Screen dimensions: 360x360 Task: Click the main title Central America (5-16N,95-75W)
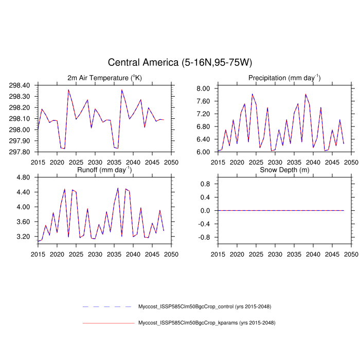[x=180, y=63]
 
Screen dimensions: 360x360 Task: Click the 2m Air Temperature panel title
[x=104, y=78]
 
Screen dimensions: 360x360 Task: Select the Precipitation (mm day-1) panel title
[x=284, y=78]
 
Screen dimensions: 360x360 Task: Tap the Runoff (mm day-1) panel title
[x=104, y=170]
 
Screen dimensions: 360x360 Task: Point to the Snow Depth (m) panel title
[x=284, y=170]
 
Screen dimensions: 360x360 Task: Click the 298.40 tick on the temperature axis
[x=23, y=85]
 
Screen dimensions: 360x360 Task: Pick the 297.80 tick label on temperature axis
[x=23, y=152]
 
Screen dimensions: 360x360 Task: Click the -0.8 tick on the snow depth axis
[x=205, y=237]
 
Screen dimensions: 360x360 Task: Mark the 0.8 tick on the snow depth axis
[x=206, y=184]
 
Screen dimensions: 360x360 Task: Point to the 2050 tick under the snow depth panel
[x=351, y=254]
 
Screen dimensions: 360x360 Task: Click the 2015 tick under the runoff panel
[x=38, y=254]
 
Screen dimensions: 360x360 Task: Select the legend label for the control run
[x=204, y=307]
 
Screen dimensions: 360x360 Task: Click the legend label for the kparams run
[x=206, y=323]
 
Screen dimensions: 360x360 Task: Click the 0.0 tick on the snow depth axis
[x=206, y=210]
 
